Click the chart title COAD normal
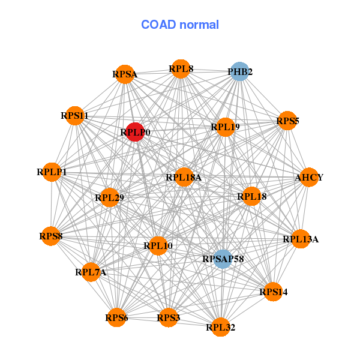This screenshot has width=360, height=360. [180, 25]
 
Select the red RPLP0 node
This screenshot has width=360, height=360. [135, 131]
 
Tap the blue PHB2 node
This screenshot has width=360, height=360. [240, 72]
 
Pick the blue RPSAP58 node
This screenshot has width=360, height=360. [223, 259]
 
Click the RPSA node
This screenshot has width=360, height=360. [124, 74]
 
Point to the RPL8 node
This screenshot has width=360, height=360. [181, 69]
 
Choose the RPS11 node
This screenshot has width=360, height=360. [74, 115]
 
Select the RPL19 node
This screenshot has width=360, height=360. [225, 127]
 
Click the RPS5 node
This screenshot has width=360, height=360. [287, 121]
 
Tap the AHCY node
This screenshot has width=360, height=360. [309, 178]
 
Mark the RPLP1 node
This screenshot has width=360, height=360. [52, 172]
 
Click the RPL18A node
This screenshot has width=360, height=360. [184, 177]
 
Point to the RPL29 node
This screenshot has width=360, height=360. [109, 197]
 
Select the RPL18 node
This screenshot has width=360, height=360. [252, 196]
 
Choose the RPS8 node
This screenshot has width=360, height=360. [51, 236]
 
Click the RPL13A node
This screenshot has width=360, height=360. [301, 239]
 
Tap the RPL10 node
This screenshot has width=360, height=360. [158, 245]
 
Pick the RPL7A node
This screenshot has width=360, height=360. [91, 272]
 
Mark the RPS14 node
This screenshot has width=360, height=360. [274, 292]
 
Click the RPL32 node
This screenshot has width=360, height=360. [221, 327]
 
